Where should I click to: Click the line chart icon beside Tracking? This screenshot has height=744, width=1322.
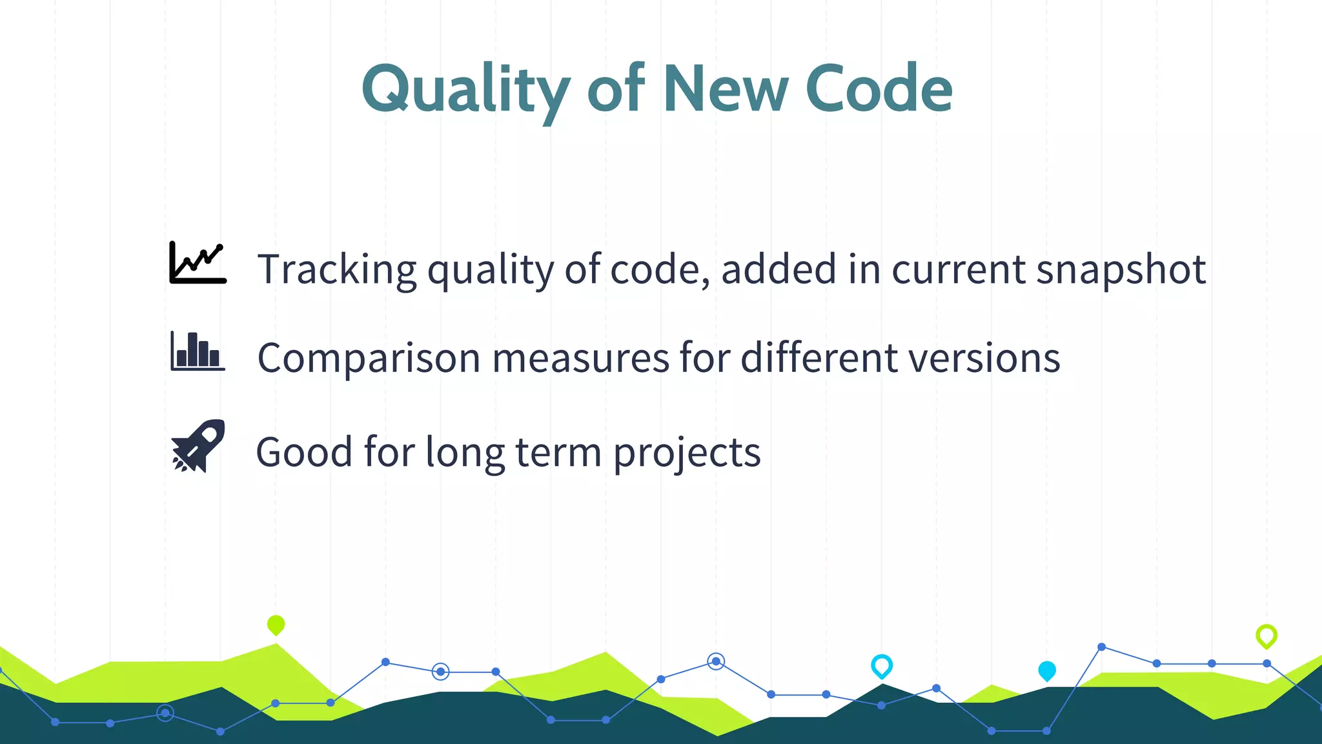click(x=198, y=263)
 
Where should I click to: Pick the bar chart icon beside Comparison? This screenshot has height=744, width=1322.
click(x=198, y=351)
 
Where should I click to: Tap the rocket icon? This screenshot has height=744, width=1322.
click(x=198, y=446)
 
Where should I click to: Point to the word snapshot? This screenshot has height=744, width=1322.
click(x=1121, y=269)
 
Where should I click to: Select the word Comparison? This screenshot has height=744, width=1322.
click(x=369, y=358)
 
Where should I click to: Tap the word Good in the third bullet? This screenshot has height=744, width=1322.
click(x=304, y=451)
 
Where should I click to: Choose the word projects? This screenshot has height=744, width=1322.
click(x=686, y=453)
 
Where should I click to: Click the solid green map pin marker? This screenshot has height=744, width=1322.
click(x=276, y=625)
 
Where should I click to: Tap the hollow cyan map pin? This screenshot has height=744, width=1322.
click(x=881, y=665)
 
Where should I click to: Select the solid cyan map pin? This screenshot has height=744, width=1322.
click(x=1046, y=670)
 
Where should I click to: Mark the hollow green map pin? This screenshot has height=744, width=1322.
click(x=1266, y=635)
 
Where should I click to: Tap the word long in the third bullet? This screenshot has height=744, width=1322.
click(x=465, y=453)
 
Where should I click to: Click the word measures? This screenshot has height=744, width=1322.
click(x=580, y=358)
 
